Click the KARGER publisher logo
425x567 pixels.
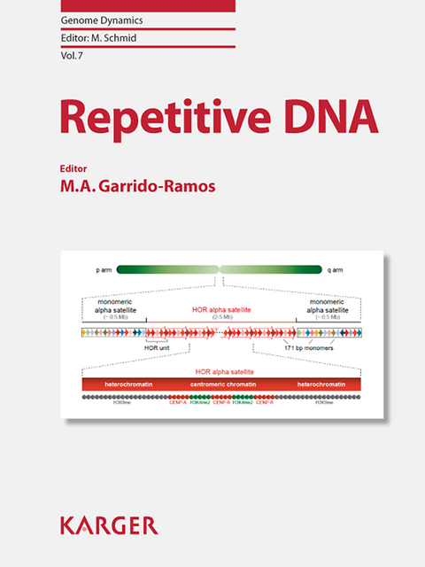[109, 525]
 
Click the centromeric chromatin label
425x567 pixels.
[223, 384]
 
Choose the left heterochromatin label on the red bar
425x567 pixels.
[124, 384]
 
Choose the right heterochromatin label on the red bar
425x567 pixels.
[321, 384]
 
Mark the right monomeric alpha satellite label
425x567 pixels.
[331, 307]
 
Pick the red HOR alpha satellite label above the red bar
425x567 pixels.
[221, 373]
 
